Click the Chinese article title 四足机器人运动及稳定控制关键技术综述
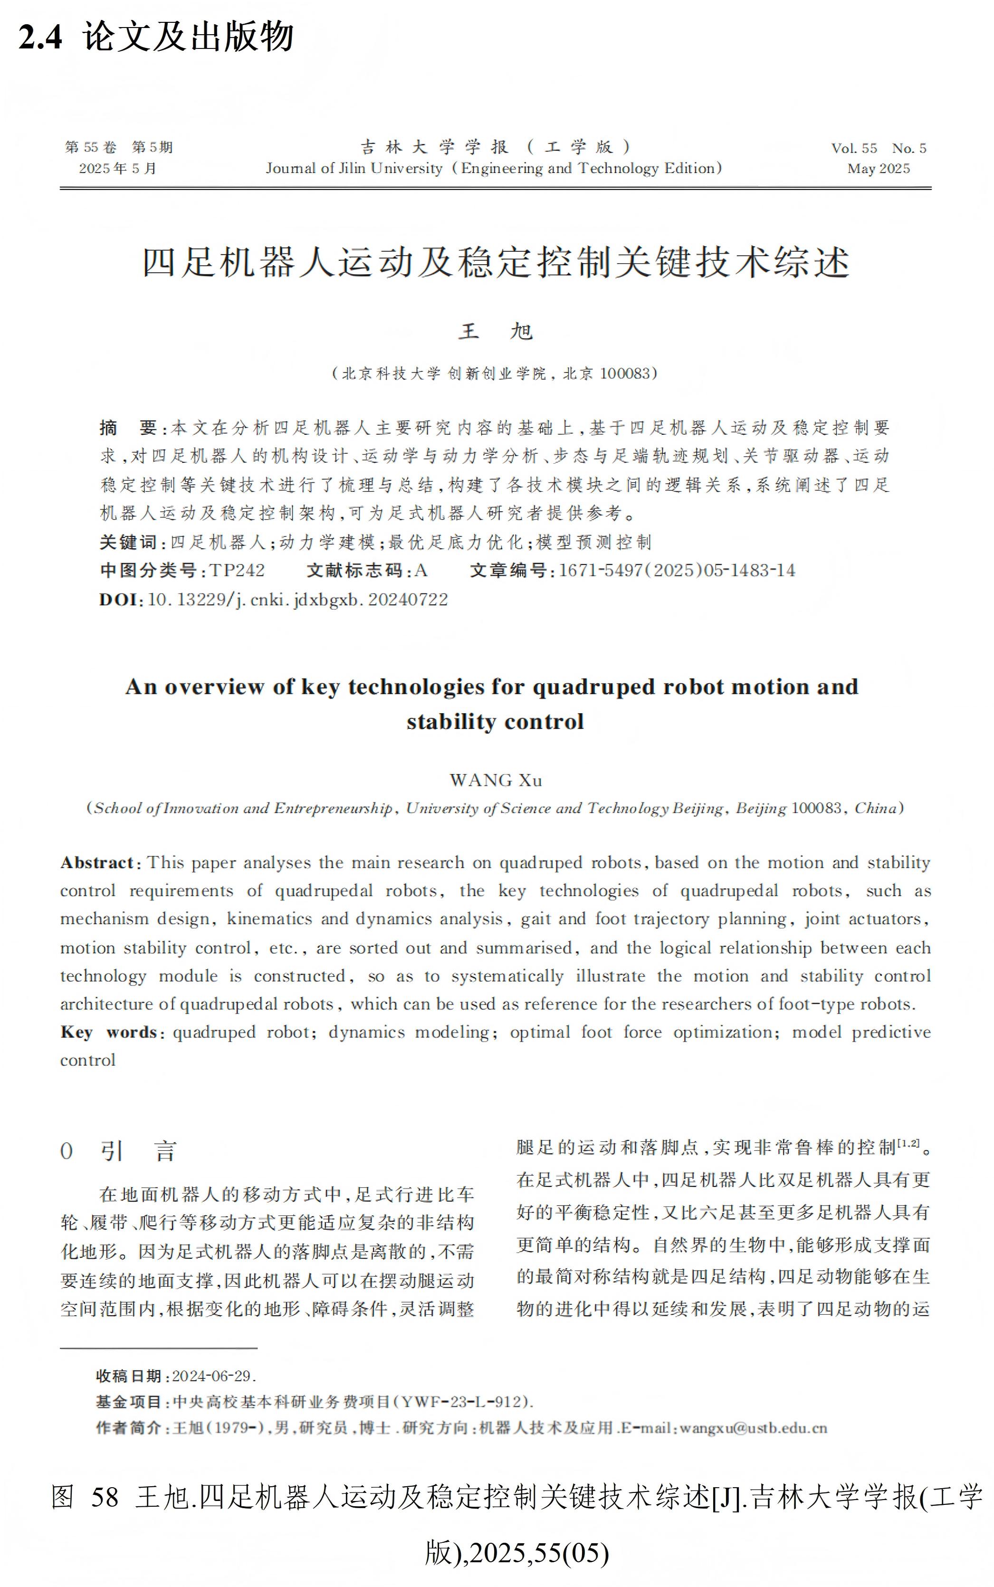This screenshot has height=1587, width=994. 496,263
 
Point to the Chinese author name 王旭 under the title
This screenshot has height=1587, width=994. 496,331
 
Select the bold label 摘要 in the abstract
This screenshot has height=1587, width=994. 127,429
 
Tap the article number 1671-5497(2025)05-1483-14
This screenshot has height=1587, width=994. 677,571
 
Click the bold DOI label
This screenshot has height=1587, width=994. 119,600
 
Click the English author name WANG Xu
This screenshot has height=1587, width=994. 496,780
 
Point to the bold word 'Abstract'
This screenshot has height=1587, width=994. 97,862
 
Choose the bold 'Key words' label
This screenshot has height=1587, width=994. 108,1032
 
